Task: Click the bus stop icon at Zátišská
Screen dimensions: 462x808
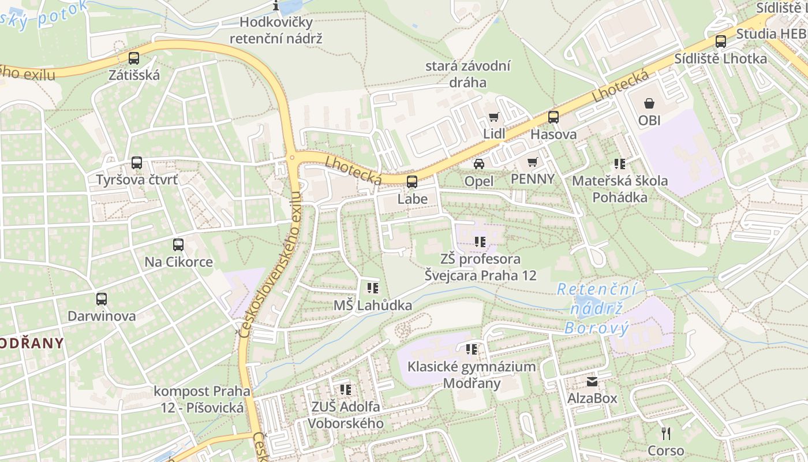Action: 134,58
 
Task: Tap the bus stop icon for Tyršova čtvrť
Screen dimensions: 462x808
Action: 137,163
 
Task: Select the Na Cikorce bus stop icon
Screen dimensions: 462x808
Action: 178,245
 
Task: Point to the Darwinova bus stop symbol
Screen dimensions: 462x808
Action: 102,299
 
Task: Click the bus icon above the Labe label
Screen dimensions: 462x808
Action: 412,182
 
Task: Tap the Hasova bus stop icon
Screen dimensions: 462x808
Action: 553,117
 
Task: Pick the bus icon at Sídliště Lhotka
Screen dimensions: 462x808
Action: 721,42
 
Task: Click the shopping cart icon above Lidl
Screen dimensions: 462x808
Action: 493,117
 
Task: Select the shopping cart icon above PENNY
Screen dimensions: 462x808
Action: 532,162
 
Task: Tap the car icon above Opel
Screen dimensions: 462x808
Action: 479,164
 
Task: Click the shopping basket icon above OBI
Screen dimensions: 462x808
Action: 649,103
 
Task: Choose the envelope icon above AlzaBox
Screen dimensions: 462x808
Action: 592,382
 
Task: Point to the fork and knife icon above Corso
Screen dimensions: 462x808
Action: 665,433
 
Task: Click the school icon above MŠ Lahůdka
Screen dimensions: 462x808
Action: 372,288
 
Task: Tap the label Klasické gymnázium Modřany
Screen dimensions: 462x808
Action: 472,375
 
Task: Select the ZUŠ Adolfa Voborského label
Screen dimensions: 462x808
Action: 345,415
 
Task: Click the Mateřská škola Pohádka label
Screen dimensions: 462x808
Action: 620,189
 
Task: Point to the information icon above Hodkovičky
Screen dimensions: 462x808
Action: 276,6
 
